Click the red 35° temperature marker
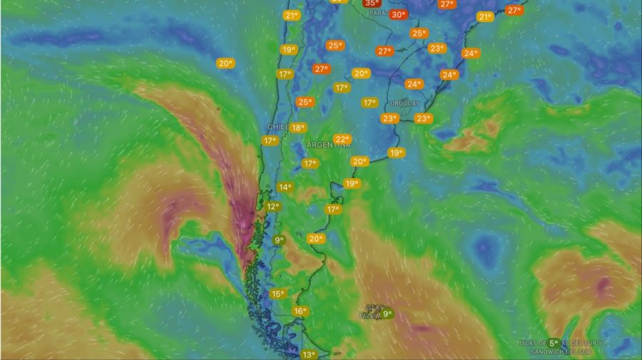coord(372,3)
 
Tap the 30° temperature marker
coord(398,14)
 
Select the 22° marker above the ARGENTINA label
coord(342,139)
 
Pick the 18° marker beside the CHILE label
coord(298,128)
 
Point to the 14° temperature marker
coord(285,187)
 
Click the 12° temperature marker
coord(272,207)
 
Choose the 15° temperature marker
coord(277,294)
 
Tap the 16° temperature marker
coord(300,311)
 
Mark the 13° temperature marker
coord(308,354)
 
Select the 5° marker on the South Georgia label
coord(553,343)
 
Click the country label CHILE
coord(277,126)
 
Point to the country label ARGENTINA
coord(329,145)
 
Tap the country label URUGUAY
coord(404,103)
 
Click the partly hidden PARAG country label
coord(379,13)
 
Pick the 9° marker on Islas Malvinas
coord(387,313)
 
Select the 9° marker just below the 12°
coord(278,240)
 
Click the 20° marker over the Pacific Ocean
coord(225,63)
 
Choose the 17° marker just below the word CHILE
coord(270,141)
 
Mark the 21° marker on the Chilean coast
coord(291,16)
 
